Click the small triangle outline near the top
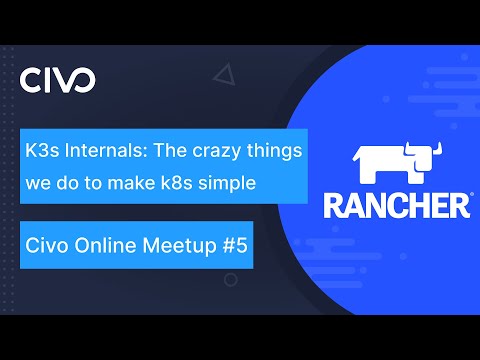coord(225,73)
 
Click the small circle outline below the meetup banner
coord(231,281)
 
